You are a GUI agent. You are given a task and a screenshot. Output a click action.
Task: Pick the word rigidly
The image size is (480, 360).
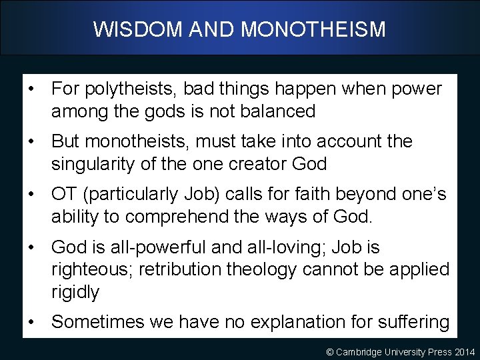75,292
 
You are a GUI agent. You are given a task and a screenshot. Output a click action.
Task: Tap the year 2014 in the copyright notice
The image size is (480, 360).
464,351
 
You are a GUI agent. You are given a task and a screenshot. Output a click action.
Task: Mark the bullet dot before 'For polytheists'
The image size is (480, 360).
31,89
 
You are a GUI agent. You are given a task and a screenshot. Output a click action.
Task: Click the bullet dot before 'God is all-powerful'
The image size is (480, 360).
31,247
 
